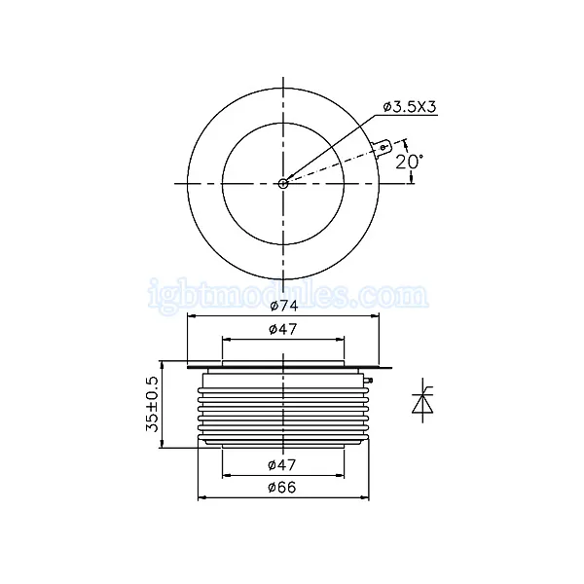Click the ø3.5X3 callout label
[410, 107]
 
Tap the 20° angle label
[409, 162]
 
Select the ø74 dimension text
[284, 306]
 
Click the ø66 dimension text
[282, 488]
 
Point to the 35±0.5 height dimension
[152, 404]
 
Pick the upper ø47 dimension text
[282, 329]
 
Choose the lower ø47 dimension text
[282, 465]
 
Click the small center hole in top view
[283, 183]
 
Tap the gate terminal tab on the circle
[383, 147]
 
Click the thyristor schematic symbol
[422, 400]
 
